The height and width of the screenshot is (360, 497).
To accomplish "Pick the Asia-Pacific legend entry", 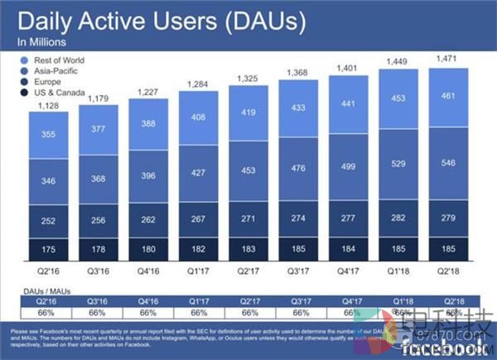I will [53, 71].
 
